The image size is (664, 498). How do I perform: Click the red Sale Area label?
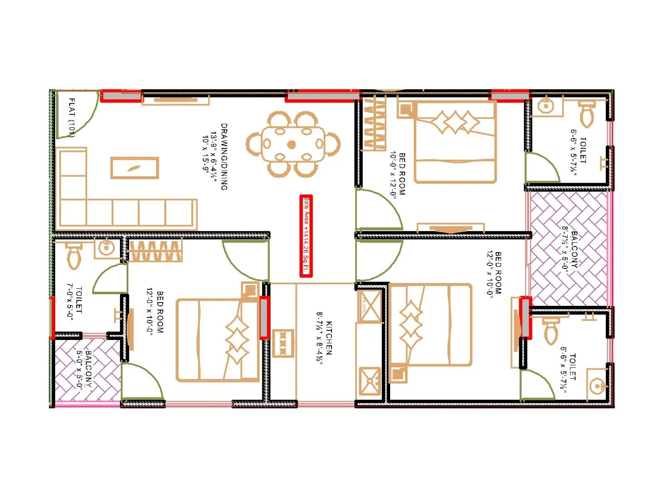pos(306,236)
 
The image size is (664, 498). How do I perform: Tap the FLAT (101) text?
pos(71,117)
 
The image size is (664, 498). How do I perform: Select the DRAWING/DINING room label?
pos(224,157)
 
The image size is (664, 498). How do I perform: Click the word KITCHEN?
pos(329,338)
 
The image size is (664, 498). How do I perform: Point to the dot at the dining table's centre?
pos(292,144)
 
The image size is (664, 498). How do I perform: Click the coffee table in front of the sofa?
pos(134,168)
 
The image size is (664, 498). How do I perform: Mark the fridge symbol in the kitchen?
pos(369,306)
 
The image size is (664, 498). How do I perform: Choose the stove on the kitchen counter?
pos(283,343)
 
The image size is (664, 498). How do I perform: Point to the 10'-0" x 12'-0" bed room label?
pos(397,174)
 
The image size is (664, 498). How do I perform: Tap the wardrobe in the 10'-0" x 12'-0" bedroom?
pos(374,123)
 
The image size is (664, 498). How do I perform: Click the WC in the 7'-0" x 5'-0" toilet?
pos(74,255)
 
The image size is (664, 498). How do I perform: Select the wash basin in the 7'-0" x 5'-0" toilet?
pos(106,248)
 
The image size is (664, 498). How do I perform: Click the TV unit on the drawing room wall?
pos(176,100)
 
